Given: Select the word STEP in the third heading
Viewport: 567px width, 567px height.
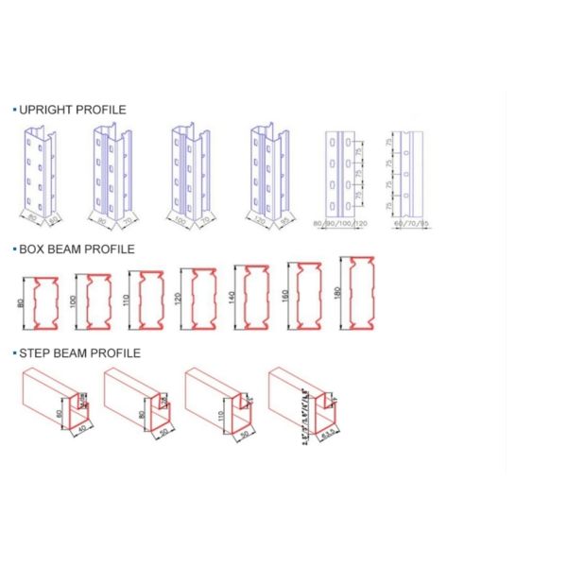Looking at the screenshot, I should (36, 353).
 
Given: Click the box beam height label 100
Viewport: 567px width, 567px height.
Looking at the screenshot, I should (72, 302).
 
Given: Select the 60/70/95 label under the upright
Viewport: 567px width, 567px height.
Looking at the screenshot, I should (407, 224).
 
